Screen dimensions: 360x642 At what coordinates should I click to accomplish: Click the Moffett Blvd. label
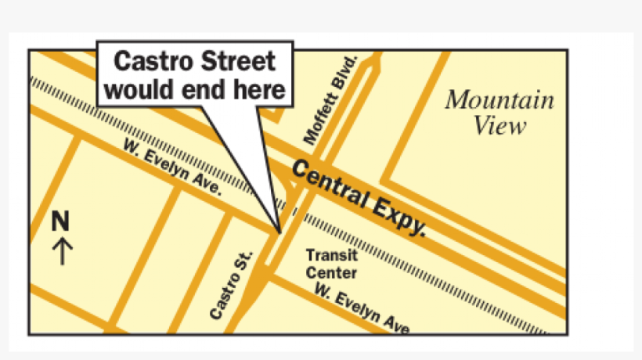pos(330,100)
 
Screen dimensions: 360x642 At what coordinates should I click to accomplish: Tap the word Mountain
pos(499,101)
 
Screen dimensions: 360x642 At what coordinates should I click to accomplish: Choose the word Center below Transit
pos(331,273)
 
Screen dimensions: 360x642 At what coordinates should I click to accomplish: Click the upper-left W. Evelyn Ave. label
pos(171,167)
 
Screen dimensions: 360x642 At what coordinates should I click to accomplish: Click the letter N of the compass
pos(61,221)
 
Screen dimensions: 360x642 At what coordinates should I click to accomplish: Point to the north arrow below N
pos(62,250)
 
